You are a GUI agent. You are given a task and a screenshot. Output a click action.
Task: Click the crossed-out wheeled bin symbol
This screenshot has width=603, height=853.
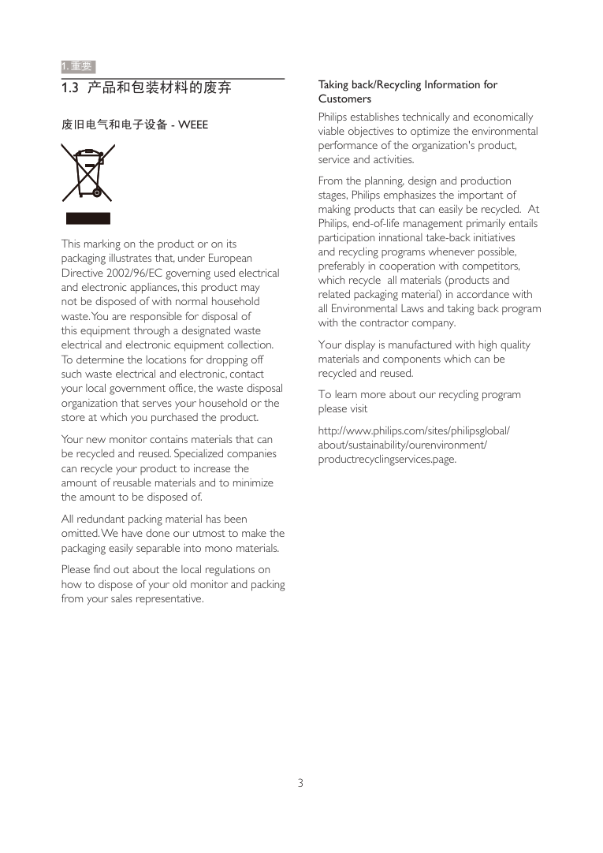(87, 173)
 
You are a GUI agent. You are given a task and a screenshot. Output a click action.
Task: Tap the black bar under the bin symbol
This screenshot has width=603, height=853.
(87, 218)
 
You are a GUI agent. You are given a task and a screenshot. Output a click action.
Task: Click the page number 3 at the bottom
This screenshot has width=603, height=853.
(300, 783)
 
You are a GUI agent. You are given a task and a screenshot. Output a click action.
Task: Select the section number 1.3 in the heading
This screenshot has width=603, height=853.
(70, 88)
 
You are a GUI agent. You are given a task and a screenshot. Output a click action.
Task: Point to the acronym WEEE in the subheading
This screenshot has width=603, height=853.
(193, 125)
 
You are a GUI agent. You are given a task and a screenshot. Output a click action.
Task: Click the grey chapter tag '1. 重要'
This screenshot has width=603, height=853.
(78, 66)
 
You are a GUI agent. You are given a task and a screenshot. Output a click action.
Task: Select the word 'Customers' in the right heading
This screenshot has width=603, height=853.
(344, 99)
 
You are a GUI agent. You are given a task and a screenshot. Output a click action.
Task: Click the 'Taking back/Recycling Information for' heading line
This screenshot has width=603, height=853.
(408, 84)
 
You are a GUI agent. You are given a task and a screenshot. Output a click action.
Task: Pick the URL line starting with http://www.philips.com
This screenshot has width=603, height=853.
(414, 430)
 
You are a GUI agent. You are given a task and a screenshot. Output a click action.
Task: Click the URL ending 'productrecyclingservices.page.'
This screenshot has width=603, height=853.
(387, 459)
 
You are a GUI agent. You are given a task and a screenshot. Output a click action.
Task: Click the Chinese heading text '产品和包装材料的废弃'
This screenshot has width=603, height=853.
(159, 88)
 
